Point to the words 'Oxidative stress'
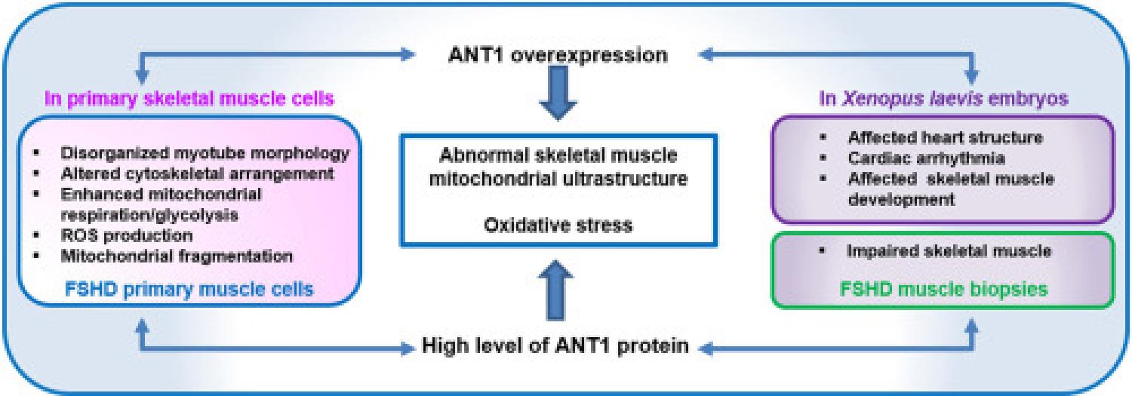point(558,224)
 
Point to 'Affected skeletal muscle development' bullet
point(951,189)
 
